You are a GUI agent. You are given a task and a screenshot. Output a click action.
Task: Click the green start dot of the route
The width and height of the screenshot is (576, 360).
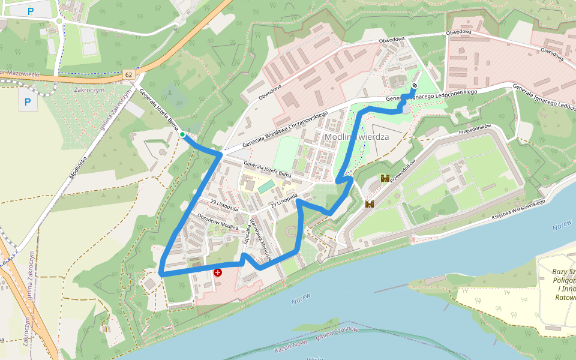(182, 135)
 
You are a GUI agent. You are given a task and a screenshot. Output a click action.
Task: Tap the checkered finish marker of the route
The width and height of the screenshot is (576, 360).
(415, 86)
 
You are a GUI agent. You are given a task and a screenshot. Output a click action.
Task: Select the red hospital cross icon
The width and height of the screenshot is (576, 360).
(218, 272)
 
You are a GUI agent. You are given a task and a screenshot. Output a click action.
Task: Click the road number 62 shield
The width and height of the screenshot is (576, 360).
(129, 74)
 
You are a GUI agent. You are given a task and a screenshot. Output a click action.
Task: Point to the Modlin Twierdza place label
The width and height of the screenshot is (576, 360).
(357, 137)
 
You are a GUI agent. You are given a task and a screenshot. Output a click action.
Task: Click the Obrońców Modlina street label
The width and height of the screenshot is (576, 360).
(218, 221)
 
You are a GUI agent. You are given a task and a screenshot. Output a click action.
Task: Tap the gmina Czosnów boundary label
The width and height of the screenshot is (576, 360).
(337, 333)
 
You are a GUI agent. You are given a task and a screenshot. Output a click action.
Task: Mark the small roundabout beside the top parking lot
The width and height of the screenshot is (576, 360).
(59, 21)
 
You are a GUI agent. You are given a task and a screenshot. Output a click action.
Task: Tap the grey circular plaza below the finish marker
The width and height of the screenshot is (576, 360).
(407, 108)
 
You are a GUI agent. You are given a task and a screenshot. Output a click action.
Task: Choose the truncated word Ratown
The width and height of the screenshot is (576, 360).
(565, 296)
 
